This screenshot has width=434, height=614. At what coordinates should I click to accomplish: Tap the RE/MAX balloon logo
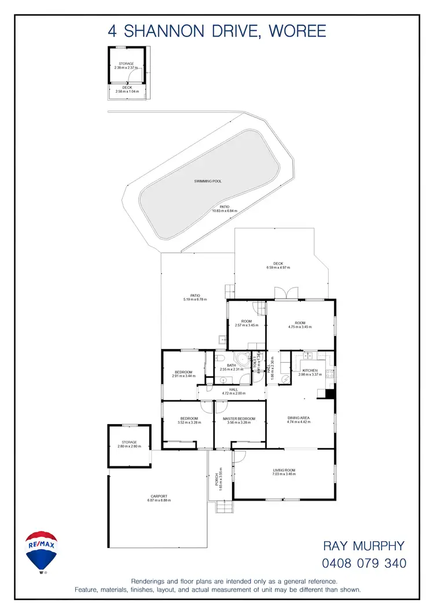42,550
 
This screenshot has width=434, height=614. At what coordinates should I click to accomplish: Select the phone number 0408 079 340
364,563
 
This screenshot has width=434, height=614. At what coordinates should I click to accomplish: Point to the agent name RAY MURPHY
364,546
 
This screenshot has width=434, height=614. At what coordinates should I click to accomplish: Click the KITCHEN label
310,370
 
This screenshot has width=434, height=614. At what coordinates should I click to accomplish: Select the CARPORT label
159,496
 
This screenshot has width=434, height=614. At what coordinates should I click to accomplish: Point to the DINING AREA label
299,418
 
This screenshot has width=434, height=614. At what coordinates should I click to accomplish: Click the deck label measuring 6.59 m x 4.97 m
278,265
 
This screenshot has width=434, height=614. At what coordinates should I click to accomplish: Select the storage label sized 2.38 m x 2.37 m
126,65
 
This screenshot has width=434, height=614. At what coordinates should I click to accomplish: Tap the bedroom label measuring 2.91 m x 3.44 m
183,373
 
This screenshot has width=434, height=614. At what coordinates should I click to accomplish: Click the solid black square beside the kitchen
329,394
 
